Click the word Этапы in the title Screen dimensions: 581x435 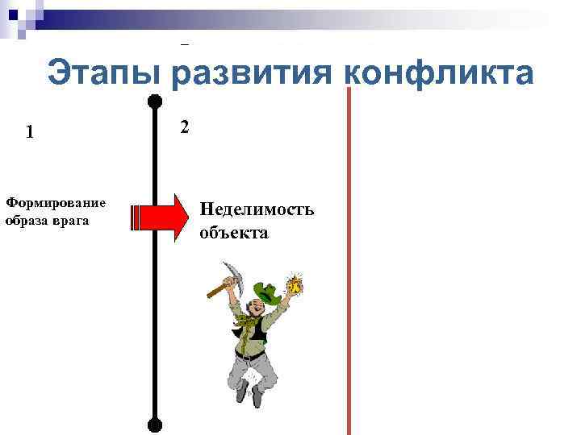[105, 74]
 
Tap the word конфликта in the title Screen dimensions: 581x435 [439, 74]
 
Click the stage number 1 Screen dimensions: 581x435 [30, 132]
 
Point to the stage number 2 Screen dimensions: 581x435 [185, 127]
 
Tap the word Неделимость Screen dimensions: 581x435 [257, 210]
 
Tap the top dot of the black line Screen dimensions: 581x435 [155, 101]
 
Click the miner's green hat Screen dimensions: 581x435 [265, 292]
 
